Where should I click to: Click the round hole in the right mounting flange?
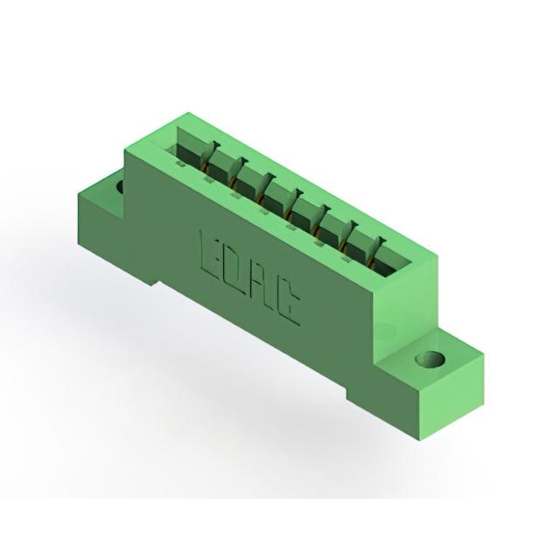point(430,359)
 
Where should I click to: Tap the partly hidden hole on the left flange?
point(120,186)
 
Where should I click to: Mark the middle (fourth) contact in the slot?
point(295,204)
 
